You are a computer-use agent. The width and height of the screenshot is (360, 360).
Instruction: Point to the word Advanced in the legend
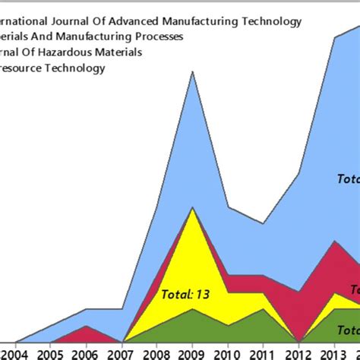tap(137, 21)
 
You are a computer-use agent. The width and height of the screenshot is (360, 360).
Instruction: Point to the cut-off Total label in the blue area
tap(348, 178)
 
